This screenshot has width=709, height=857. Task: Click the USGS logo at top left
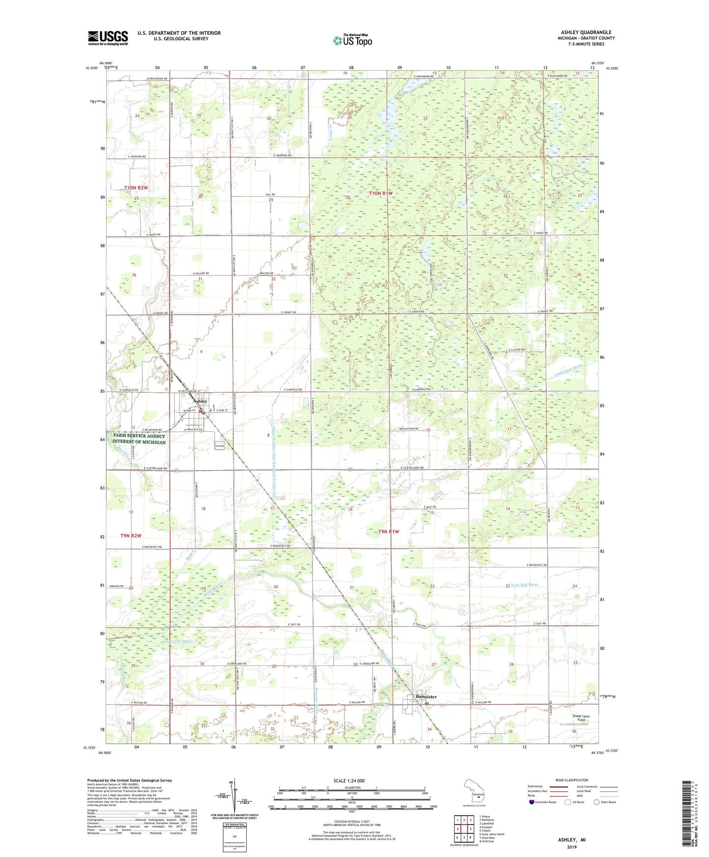108,38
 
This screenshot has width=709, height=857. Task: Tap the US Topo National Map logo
352,40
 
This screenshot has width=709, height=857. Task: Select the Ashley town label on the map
200,401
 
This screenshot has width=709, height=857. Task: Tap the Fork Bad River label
525,585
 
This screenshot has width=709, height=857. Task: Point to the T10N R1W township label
381,193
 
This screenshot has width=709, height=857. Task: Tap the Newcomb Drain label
178,641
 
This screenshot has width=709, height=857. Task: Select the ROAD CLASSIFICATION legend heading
571,780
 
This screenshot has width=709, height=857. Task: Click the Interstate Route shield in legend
531,802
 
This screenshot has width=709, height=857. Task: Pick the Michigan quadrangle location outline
475,795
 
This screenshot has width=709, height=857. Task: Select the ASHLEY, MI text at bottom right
572,840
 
